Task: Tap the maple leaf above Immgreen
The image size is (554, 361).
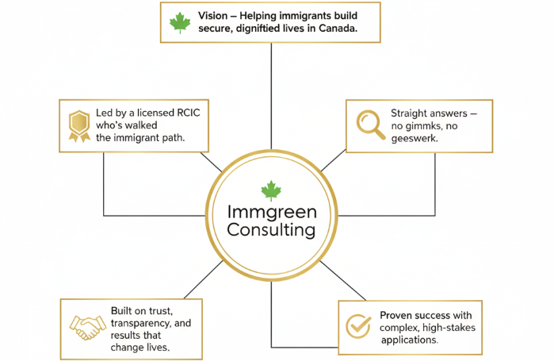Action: click(x=272, y=190)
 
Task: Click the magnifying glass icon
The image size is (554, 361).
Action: click(x=369, y=122)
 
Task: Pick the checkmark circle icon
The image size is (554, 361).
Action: click(x=358, y=325)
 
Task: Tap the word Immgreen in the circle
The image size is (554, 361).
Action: click(x=272, y=213)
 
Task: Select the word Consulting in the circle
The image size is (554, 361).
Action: click(x=271, y=231)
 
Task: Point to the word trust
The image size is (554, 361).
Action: click(x=170, y=310)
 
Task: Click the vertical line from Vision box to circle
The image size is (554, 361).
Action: click(x=272, y=95)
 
